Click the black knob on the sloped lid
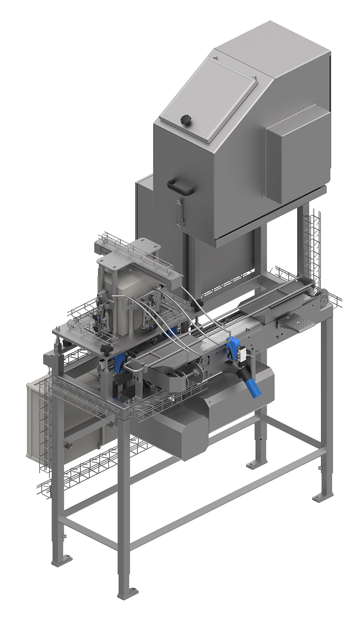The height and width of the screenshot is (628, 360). [185, 120]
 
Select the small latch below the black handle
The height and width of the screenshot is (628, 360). [180, 213]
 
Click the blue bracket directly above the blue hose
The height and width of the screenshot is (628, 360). [234, 348]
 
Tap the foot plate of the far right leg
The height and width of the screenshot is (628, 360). [322, 497]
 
